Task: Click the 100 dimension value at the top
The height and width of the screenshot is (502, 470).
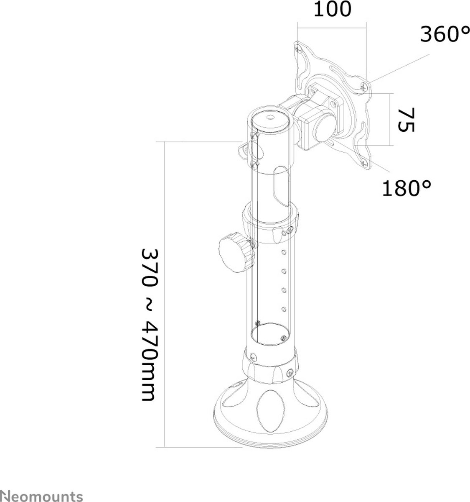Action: (x=333, y=9)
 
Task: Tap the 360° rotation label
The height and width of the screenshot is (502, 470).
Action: (x=445, y=34)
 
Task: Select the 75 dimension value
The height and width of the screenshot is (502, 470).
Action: (x=406, y=120)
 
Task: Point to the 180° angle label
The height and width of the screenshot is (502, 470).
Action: (x=406, y=188)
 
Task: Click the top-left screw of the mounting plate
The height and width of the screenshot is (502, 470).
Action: (x=299, y=48)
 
